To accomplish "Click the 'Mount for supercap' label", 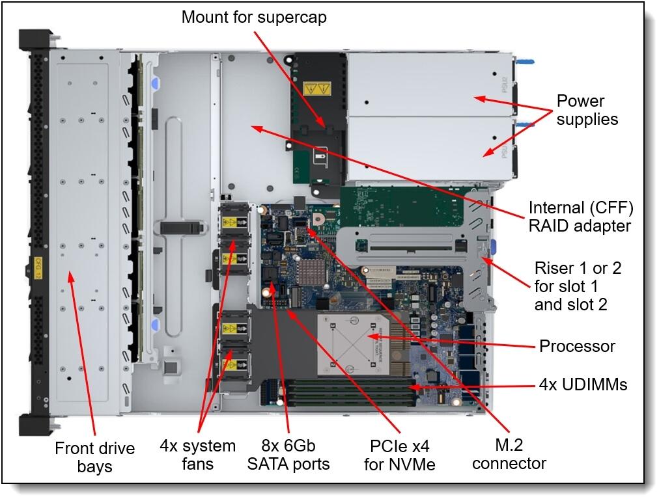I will point(254,17).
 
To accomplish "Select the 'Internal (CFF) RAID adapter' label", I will point(580,217).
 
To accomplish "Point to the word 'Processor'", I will point(577,345).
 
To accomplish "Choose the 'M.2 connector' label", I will point(509,454).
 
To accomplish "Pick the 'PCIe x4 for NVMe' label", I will point(399,455).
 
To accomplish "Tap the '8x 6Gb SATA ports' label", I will point(288,455).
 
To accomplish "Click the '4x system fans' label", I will point(197,455).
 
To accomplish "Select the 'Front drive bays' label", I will point(94,457).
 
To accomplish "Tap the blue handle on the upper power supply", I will point(525,63).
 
